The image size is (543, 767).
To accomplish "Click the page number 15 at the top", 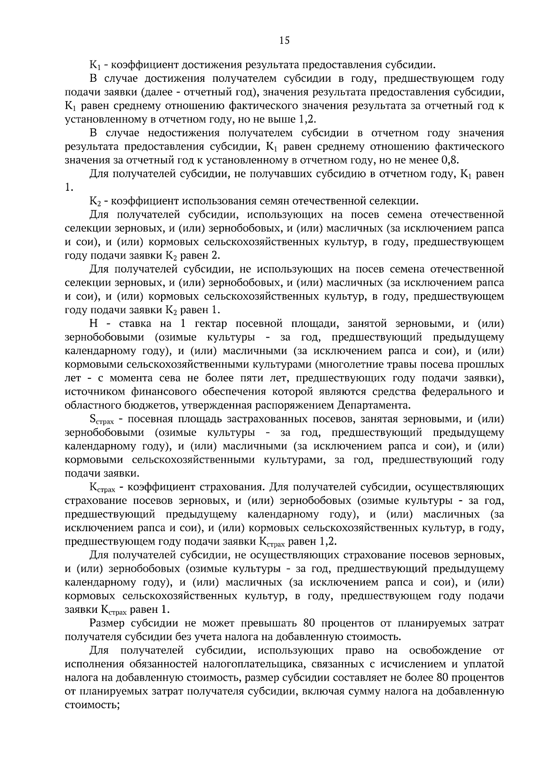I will [284, 41].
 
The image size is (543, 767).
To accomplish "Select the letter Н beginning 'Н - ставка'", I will [94, 324].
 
